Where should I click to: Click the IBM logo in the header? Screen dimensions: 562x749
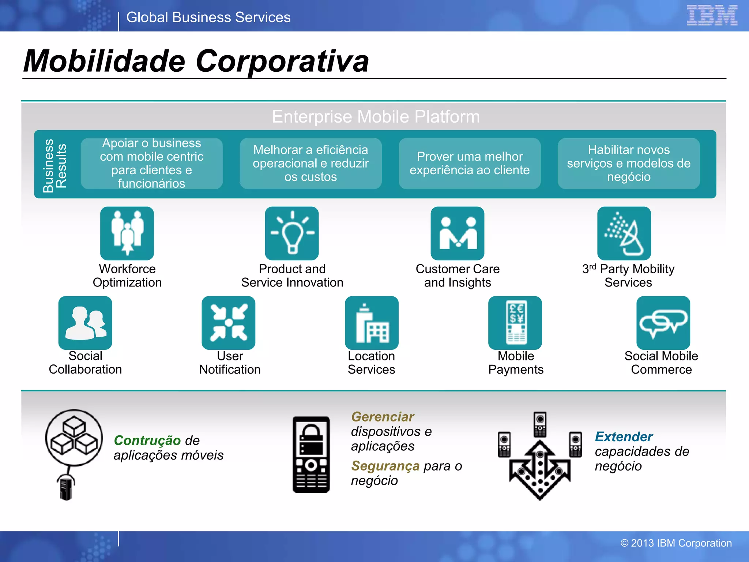coord(712,15)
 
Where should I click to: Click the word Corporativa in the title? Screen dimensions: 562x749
coord(282,61)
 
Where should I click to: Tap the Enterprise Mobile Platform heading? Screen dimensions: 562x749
coord(376,117)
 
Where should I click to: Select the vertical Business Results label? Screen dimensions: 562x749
coord(54,165)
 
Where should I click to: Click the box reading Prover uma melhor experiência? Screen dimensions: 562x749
coord(470,164)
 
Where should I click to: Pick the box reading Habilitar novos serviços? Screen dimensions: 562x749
coord(628,164)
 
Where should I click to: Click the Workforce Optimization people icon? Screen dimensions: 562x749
coord(127,233)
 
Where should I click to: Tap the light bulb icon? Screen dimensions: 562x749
coord(292,233)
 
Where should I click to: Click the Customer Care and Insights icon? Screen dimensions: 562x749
coord(457,233)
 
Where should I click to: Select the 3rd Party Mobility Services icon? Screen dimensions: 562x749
coord(624,233)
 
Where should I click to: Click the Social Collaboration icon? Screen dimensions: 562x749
coord(85,323)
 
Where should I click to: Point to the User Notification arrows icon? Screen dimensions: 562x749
coord(229,323)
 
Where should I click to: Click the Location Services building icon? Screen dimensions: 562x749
coord(372,323)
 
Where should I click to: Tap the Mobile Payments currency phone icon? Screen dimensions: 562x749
coord(515,323)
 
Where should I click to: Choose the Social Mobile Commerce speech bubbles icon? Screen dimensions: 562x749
coord(663,323)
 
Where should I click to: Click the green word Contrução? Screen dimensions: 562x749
coord(147,440)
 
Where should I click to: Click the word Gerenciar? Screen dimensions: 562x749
coord(382,417)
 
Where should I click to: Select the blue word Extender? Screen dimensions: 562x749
coord(624,437)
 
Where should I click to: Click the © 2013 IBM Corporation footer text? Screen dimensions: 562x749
coord(676,543)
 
